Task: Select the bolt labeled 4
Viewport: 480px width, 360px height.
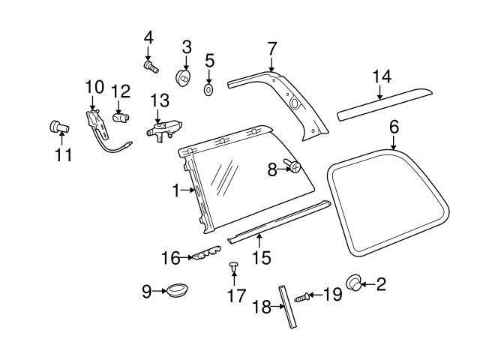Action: point(151,67)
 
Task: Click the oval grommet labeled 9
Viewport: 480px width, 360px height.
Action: point(177,288)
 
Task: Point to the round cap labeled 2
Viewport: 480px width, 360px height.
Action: point(353,283)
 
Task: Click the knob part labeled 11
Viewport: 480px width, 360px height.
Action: point(58,127)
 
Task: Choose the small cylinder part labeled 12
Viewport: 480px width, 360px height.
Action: point(121,117)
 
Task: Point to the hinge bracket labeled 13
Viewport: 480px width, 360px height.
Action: point(163,130)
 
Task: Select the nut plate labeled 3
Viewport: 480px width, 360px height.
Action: point(182,77)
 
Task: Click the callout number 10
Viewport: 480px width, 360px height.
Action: point(94,86)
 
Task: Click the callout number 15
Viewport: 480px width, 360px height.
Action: point(260,258)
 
